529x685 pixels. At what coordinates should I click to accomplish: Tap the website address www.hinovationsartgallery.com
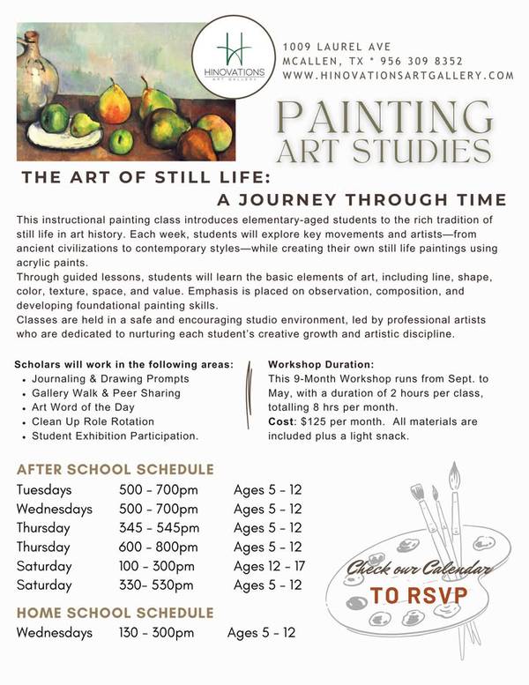398,76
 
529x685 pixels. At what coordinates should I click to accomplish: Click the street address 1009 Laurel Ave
336,46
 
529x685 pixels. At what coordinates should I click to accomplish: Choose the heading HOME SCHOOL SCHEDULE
115,612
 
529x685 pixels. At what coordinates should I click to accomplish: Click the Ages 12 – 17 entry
270,566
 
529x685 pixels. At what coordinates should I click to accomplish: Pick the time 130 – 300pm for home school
156,632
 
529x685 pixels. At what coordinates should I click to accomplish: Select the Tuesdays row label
44,490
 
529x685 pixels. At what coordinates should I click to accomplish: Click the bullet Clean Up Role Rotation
93,421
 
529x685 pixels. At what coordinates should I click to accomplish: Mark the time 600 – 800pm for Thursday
158,547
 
